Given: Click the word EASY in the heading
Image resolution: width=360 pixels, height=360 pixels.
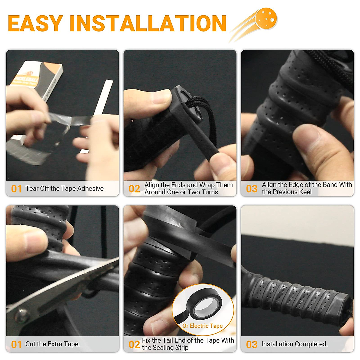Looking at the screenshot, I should (x=35, y=23).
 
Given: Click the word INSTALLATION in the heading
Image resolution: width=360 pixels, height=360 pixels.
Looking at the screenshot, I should (x=148, y=23).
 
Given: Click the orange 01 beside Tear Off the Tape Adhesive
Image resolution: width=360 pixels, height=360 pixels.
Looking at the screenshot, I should (x=16, y=189).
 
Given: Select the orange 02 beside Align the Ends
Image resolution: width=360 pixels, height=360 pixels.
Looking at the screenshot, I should (x=134, y=189).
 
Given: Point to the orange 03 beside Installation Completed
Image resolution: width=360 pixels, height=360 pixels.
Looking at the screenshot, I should (x=251, y=344).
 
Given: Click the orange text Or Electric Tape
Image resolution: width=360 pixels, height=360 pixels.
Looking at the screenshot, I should (x=202, y=326).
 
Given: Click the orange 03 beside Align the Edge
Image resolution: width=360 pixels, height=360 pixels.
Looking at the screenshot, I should (x=251, y=189).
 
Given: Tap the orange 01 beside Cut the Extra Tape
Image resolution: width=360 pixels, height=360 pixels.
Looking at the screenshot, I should (x=16, y=344).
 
